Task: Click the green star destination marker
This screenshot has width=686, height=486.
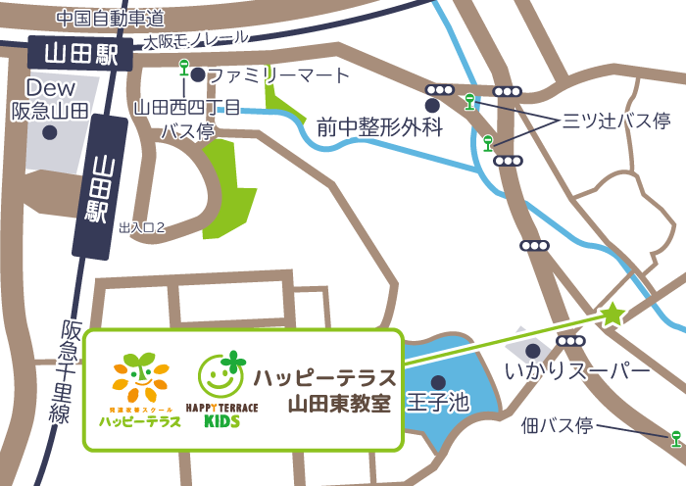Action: click(x=612, y=314)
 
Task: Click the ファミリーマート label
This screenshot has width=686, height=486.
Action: click(x=277, y=75)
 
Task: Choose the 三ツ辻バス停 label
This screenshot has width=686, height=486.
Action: click(x=615, y=121)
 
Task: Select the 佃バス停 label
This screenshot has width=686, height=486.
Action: click(x=558, y=426)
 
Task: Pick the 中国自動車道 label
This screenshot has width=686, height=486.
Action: click(x=110, y=18)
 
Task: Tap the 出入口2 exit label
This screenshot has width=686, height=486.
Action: click(x=141, y=226)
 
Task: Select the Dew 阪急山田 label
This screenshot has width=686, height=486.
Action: click(x=50, y=100)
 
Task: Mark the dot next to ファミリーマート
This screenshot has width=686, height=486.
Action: click(x=198, y=74)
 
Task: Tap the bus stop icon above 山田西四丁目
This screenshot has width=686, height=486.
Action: click(x=183, y=68)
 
